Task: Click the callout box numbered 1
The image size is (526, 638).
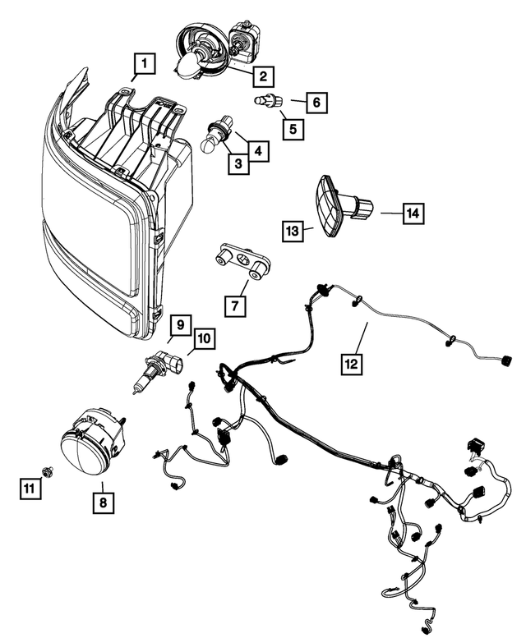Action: point(144,62)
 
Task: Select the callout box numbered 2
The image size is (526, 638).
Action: point(262,77)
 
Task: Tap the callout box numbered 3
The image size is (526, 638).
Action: point(238,164)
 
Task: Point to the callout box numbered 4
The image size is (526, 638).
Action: point(258,151)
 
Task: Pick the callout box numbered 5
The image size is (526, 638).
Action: point(291,128)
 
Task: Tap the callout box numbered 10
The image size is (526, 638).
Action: point(203,337)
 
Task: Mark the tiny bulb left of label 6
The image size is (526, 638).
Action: point(265,102)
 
